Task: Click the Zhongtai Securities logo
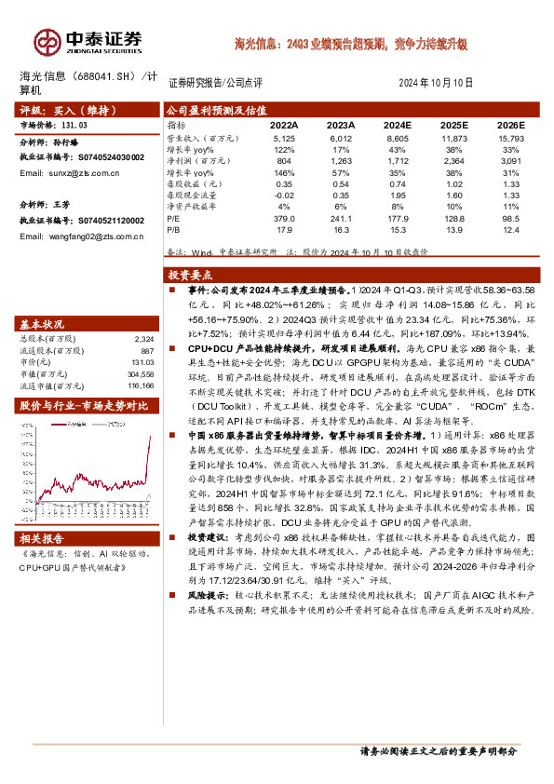pyautogui.click(x=89, y=41)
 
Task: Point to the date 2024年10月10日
pyautogui.click(x=440, y=83)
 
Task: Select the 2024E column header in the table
pyautogui.click(x=397, y=124)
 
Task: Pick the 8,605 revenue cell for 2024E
pyautogui.click(x=397, y=137)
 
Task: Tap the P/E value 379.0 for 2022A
pyautogui.click(x=285, y=219)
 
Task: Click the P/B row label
pyautogui.click(x=174, y=229)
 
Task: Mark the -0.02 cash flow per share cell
pyautogui.click(x=284, y=196)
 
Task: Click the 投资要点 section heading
pyautogui.click(x=189, y=276)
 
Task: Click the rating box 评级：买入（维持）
pyautogui.click(x=58, y=109)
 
